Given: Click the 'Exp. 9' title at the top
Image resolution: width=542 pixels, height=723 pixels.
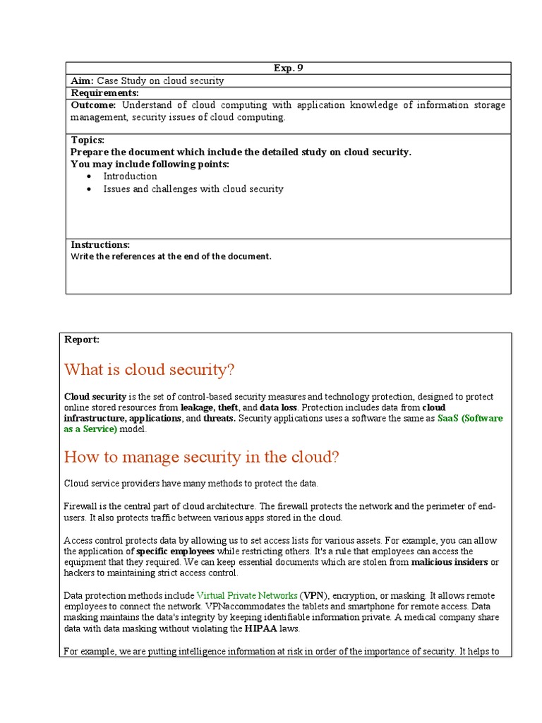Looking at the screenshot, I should pyautogui.click(x=288, y=68).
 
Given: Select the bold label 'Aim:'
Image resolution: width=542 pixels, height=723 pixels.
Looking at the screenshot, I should pyautogui.click(x=83, y=80).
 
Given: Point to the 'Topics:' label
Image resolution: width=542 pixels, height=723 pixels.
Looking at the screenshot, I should pyautogui.click(x=88, y=140).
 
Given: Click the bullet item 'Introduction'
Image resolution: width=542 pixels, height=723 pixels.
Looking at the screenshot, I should pyautogui.click(x=130, y=176).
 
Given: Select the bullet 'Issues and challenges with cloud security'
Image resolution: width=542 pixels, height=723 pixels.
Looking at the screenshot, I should pyautogui.click(x=193, y=189).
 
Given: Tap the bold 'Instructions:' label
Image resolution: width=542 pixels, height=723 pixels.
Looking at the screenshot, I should pyautogui.click(x=100, y=244).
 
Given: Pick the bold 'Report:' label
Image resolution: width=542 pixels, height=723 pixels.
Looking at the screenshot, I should pyautogui.click(x=82, y=340).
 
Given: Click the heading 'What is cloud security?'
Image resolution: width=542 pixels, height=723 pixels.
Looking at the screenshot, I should pyautogui.click(x=148, y=370).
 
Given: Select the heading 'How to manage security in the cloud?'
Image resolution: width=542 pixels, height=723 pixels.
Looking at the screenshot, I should pyautogui.click(x=201, y=458).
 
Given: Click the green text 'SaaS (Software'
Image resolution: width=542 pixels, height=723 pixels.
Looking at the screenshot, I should pyautogui.click(x=470, y=418).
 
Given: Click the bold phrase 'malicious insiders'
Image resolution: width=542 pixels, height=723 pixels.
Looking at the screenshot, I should pyautogui.click(x=449, y=562).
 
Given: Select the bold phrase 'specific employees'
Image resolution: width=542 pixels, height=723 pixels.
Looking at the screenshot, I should pyautogui.click(x=175, y=551).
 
